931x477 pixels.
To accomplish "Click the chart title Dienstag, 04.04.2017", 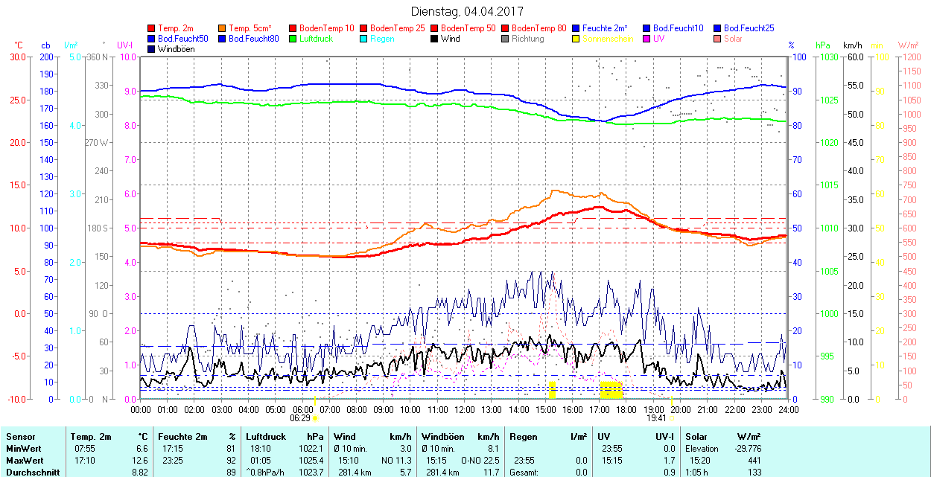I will coord(467,11).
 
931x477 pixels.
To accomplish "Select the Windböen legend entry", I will coord(174,49).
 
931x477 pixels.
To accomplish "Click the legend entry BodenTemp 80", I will coord(538,28).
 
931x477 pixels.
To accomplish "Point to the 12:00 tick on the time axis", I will coord(465,409).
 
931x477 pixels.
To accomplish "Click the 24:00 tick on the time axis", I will coord(789,409).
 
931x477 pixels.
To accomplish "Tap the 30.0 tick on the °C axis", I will coord(16,57).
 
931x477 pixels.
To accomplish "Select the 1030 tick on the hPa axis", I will coord(825,57).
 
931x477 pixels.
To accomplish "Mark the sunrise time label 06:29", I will coord(300,418).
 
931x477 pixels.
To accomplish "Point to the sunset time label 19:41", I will coord(655,418).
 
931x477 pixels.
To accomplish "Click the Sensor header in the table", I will coord(21,437).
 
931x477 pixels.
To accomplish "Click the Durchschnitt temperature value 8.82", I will coord(139,472).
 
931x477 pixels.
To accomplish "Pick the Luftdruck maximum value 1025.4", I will coord(311,460).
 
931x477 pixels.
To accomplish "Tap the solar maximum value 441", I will coord(754,460).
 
